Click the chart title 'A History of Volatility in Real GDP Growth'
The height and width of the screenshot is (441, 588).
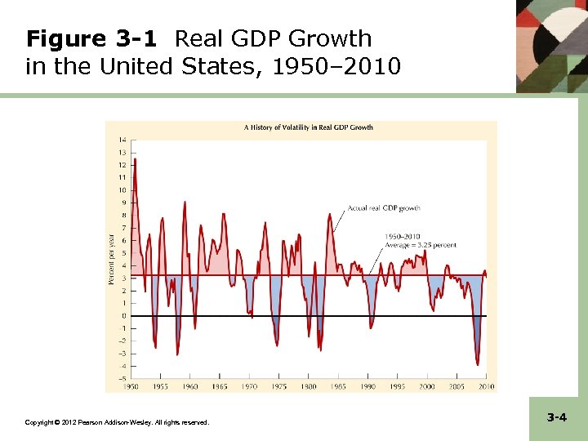[309, 127]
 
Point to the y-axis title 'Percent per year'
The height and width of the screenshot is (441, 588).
[112, 260]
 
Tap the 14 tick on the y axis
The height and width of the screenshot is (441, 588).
[122, 140]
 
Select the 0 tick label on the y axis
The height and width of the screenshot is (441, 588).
[123, 316]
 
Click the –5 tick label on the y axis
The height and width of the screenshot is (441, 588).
[122, 379]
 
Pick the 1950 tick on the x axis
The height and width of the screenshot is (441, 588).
[131, 386]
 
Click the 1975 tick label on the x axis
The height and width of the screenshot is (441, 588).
[279, 386]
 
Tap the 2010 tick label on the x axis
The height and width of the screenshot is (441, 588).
[486, 386]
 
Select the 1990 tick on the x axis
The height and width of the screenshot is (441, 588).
[368, 386]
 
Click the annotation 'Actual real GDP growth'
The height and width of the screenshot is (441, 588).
[384, 208]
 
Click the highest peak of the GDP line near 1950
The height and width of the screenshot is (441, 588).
[135, 159]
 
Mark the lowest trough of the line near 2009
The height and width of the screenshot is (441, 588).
[478, 365]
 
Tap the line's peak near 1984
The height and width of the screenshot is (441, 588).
[331, 214]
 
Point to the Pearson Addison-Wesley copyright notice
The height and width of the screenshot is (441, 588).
[117, 422]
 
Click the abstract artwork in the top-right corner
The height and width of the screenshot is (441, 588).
[552, 45]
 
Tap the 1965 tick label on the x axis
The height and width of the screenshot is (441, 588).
[220, 386]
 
